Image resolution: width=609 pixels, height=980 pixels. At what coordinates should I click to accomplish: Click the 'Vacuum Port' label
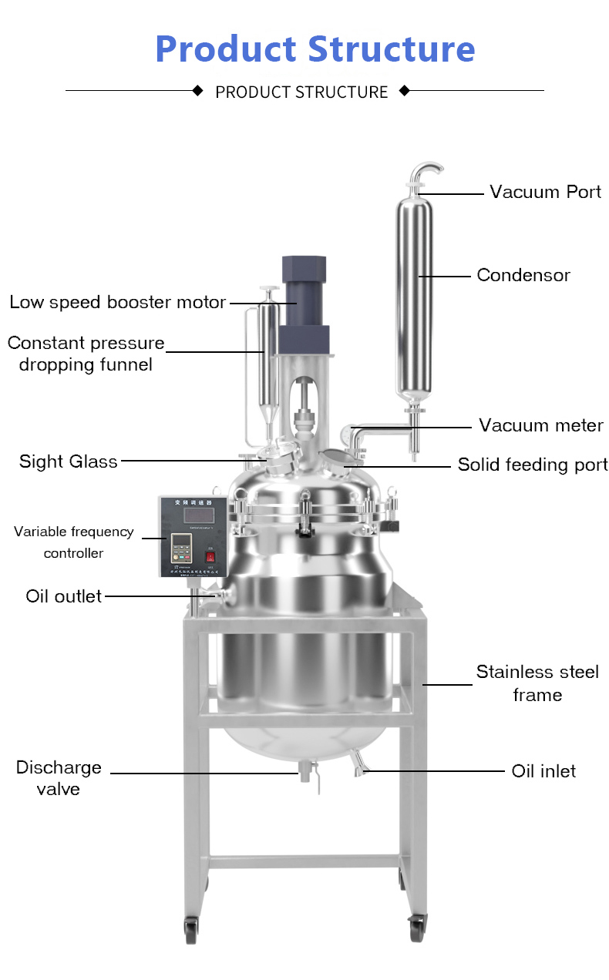(x=545, y=192)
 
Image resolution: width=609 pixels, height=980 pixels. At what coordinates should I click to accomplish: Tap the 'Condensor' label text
(x=523, y=275)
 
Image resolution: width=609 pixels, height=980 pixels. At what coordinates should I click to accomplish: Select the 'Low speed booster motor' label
(x=117, y=302)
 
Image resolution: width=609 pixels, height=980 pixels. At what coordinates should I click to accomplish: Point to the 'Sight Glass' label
(x=69, y=461)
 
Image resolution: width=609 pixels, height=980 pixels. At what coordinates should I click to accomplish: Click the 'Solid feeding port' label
(x=533, y=465)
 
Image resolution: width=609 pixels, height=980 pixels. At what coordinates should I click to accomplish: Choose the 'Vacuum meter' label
(x=540, y=425)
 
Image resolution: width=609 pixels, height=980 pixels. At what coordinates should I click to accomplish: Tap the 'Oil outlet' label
(x=64, y=596)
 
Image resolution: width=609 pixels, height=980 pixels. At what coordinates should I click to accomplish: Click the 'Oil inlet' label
(x=543, y=771)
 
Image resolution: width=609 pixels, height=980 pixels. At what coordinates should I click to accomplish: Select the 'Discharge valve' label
(x=59, y=778)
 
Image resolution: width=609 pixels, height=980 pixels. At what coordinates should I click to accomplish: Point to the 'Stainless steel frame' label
(x=537, y=683)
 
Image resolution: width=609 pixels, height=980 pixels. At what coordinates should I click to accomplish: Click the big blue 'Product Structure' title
(x=315, y=48)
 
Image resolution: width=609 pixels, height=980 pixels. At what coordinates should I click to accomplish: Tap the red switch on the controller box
(x=209, y=555)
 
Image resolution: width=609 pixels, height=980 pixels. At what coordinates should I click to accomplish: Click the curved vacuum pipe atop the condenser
(x=426, y=171)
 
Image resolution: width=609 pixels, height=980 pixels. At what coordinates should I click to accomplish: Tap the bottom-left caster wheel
(x=190, y=928)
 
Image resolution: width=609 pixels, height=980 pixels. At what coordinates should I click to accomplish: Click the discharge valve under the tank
(x=307, y=772)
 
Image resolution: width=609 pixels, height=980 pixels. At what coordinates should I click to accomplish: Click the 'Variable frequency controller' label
(x=73, y=542)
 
